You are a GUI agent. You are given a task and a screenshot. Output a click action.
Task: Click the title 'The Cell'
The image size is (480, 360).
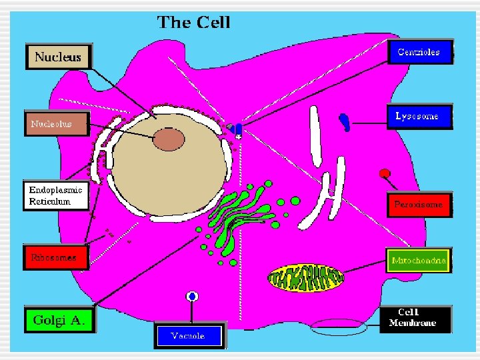tap(193, 22)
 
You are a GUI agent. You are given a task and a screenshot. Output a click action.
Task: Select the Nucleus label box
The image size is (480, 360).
tap(57, 57)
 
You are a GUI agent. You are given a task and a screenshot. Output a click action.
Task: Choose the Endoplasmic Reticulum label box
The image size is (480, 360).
tap(56, 195)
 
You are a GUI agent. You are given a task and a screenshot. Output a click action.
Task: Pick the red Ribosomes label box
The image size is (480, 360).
tap(55, 257)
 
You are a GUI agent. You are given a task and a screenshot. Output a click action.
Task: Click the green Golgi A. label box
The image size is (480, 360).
tap(59, 319)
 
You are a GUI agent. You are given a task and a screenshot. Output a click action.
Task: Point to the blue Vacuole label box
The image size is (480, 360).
tap(189, 335)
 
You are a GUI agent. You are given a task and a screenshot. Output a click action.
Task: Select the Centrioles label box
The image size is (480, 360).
tap(419, 52)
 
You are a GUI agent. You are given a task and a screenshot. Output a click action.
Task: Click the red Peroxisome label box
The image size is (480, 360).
tap(418, 204)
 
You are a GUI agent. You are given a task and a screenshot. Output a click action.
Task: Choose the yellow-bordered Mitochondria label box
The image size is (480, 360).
tap(419, 261)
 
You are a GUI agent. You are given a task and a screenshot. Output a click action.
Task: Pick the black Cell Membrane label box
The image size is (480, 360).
tap(417, 318)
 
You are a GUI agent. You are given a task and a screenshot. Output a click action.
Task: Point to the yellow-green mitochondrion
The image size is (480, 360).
tap(307, 277)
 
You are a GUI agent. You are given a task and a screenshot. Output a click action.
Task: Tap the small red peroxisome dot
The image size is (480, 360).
tap(385, 174)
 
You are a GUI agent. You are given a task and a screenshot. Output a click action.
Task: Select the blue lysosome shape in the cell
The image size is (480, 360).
tap(345, 121)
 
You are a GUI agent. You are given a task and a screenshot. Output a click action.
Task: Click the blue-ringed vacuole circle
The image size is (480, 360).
tap(193, 296)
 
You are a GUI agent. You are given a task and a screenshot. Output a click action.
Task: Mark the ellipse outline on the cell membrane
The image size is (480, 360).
tap(339, 327)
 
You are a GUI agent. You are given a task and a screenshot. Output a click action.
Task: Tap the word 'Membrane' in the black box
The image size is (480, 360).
tap(417, 323)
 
